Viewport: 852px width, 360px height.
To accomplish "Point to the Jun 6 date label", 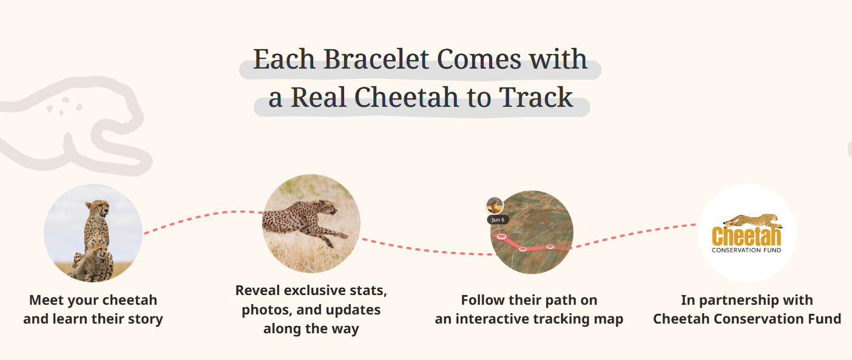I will pos(498,220).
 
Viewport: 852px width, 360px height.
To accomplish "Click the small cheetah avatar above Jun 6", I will pos(495,205).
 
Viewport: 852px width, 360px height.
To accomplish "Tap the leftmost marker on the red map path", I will pos(501,236).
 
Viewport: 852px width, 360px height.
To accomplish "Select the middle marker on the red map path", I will pos(522,249).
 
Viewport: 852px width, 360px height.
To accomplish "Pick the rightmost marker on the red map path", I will pos(550,246).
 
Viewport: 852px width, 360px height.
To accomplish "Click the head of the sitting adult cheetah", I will pos(98,209).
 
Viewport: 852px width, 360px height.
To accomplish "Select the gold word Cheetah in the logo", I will pos(746,237).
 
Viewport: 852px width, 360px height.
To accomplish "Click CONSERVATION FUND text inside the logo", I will pos(746,250).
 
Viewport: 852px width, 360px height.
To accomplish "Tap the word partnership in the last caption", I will pos(738,300).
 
